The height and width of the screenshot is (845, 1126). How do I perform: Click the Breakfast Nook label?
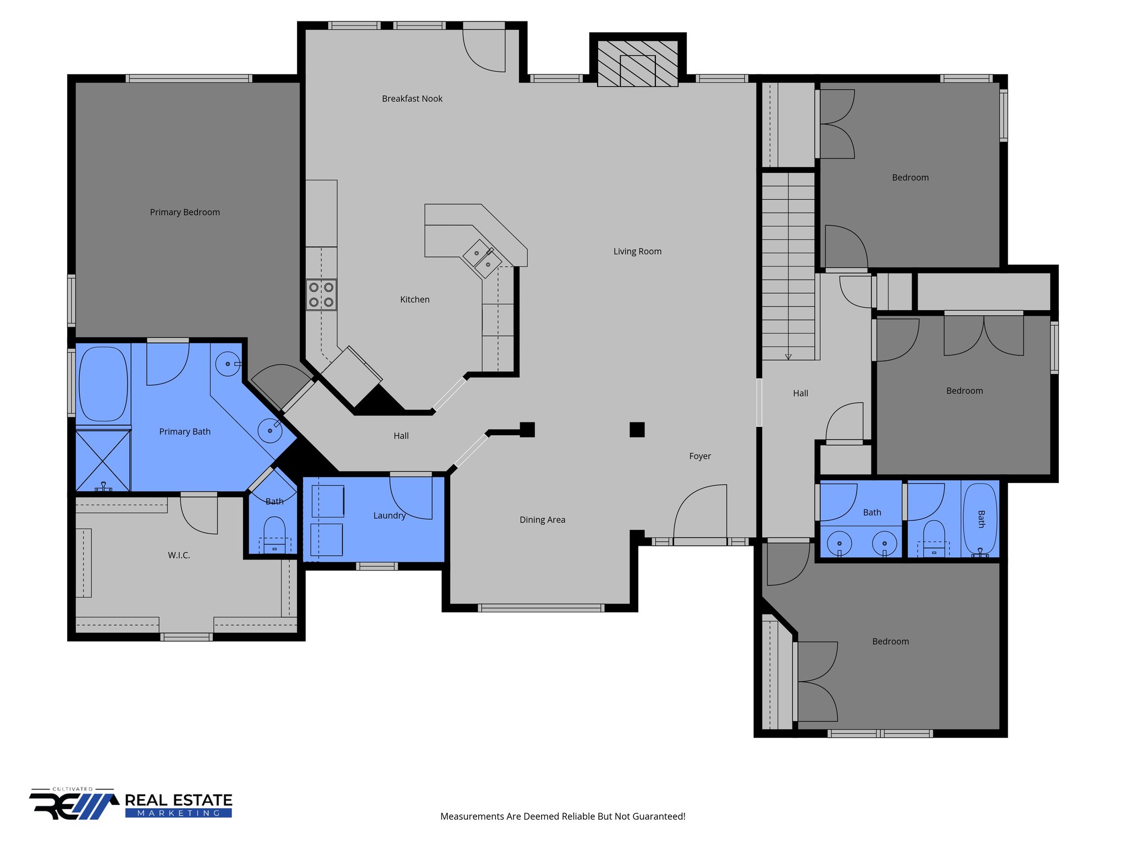412,98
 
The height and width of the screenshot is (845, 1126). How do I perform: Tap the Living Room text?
637,251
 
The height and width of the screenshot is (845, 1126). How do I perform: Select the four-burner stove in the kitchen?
322,295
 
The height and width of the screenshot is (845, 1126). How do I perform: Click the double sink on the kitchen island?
483,259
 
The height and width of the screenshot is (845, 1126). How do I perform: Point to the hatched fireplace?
638,64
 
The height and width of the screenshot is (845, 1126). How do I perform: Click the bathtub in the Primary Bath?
103,383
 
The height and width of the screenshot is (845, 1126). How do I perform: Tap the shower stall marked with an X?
103,460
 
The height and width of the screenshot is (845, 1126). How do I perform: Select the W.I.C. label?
179,556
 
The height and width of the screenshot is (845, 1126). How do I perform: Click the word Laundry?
389,515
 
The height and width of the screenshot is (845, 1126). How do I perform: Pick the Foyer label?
700,456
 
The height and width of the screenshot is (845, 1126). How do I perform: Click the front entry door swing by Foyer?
698,512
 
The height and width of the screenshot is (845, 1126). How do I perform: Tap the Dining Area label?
542,520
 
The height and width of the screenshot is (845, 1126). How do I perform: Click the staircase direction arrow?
788,356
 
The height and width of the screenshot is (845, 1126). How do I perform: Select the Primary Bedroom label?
185,212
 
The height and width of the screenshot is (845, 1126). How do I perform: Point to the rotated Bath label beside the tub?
981,519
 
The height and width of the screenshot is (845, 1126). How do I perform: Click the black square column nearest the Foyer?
637,430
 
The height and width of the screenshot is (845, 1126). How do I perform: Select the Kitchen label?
415,299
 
